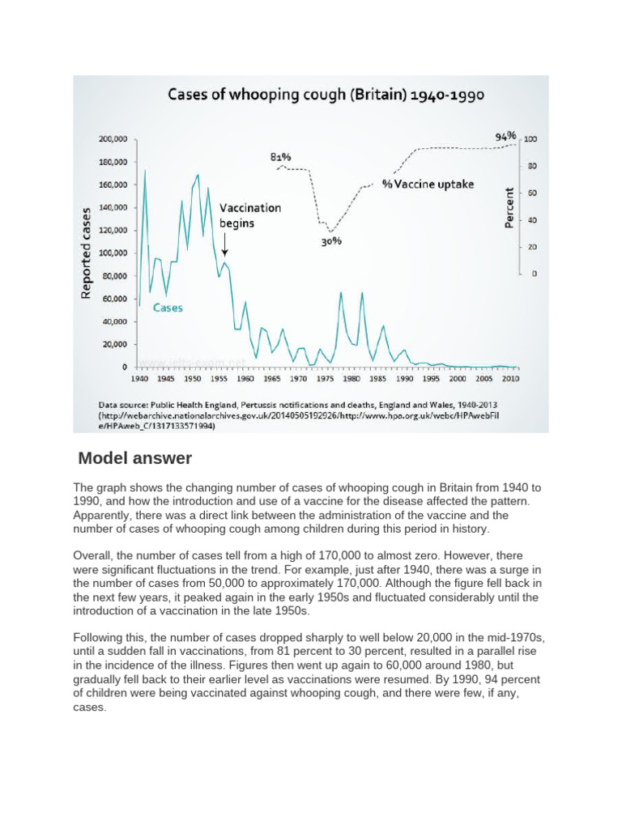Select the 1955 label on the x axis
click(219, 378)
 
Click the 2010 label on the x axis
click(510, 378)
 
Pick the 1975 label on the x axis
click(325, 378)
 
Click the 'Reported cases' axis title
click(85, 253)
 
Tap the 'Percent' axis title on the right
click(510, 207)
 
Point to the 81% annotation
click(280, 156)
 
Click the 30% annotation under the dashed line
click(331, 241)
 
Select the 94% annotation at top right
click(506, 137)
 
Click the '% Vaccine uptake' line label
click(428, 185)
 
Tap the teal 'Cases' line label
click(168, 308)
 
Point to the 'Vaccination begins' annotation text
click(250, 215)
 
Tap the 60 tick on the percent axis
click(532, 193)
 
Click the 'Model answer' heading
click(134, 458)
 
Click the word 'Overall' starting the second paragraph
click(94, 557)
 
